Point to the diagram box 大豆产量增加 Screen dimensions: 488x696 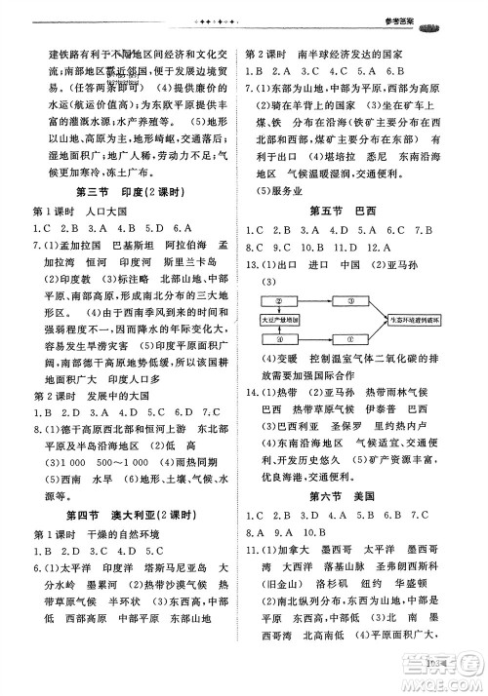(282, 319)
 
